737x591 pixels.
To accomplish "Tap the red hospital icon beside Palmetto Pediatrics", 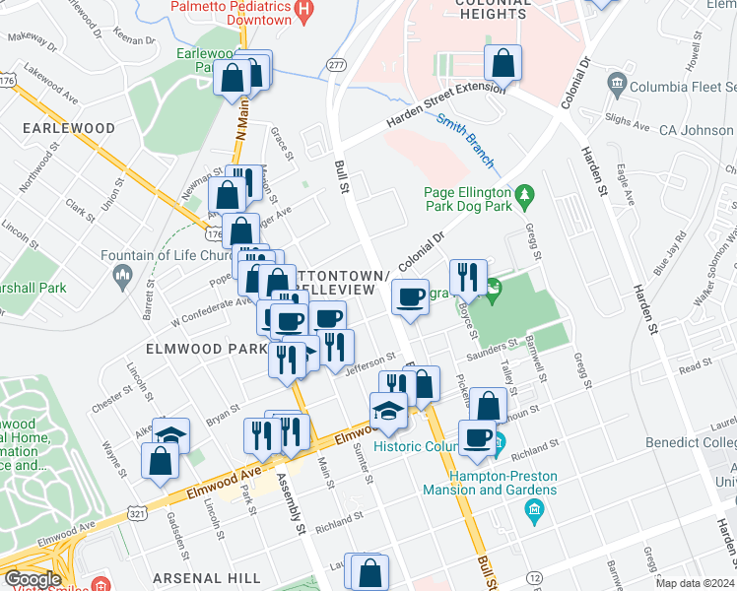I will pos(304,13).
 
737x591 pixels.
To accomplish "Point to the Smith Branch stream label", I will pos(464,135).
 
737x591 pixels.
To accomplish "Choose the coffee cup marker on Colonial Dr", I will pos(410,296).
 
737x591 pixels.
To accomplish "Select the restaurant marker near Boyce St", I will pos(467,277).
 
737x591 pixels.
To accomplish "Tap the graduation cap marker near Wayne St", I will pos(171,433).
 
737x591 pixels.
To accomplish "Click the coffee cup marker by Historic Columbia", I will pos(478,438).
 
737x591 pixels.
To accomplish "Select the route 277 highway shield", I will pos(337,64).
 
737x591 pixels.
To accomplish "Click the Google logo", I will pos(33,580).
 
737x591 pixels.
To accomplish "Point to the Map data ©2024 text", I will pos(696,583).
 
